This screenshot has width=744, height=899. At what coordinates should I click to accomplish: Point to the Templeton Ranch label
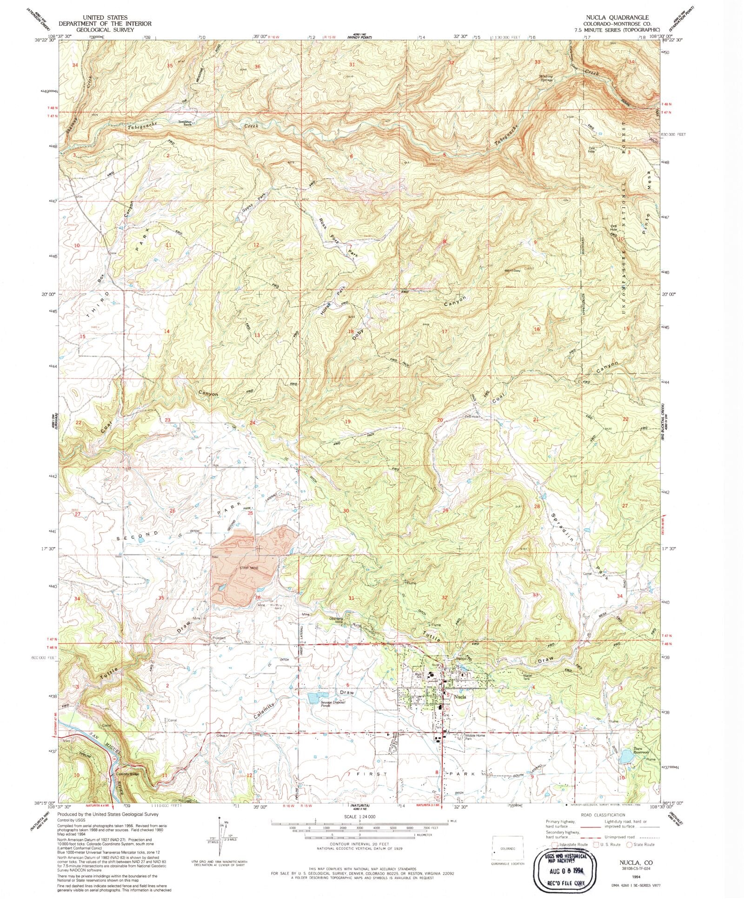pyautogui.click(x=186, y=123)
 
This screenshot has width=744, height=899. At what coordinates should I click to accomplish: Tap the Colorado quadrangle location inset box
pyautogui.click(x=508, y=848)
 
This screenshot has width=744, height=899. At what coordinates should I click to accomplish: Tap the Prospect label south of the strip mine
pyautogui.click(x=219, y=638)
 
